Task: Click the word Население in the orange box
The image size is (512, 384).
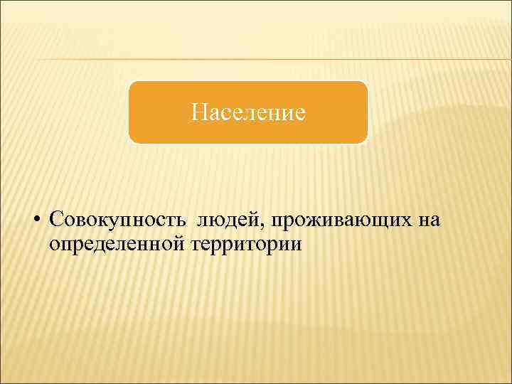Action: coord(248,112)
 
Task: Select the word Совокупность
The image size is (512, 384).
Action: coord(117,220)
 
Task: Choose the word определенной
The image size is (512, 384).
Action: coord(118,245)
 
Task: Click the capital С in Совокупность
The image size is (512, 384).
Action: coord(57,220)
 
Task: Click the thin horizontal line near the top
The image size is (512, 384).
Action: coord(256,59)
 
